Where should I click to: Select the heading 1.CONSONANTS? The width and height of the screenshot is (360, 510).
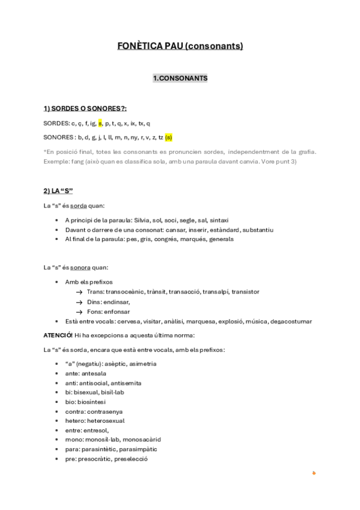180,78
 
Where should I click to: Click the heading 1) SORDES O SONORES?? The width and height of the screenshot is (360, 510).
85,109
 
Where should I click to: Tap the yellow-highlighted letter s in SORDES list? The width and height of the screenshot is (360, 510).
100,123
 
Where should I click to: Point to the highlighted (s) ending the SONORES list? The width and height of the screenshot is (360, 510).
168,137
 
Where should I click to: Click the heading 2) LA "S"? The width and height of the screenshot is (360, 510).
58,191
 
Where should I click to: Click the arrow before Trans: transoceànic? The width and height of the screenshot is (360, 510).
79,292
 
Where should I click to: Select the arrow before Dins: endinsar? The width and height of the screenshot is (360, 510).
79,301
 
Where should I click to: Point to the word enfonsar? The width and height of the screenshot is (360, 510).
118,312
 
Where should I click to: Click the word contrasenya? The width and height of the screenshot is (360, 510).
110,411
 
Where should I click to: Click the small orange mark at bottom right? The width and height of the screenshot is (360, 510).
314,473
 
